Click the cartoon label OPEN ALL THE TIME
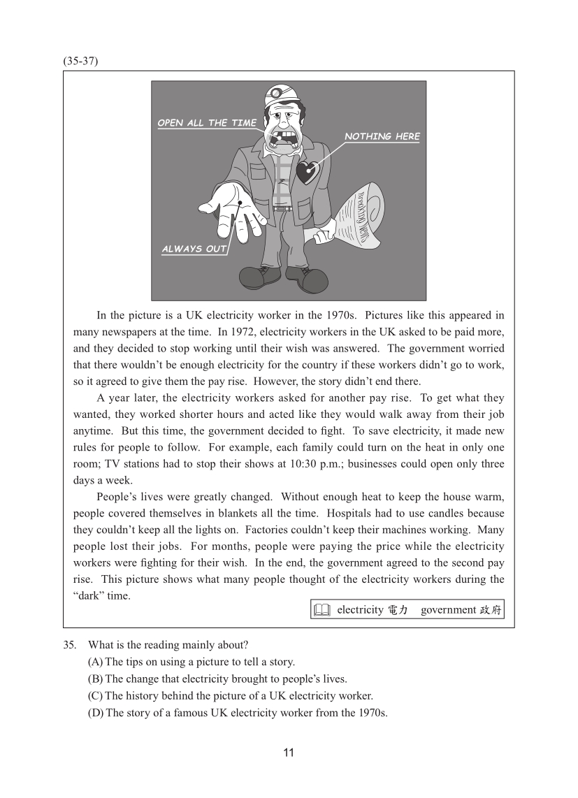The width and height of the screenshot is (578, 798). [207, 123]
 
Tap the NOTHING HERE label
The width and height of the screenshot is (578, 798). [382, 136]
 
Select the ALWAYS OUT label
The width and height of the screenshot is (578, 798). [194, 249]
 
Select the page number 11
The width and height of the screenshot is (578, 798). [289, 753]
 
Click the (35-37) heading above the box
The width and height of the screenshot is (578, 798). [80, 61]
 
